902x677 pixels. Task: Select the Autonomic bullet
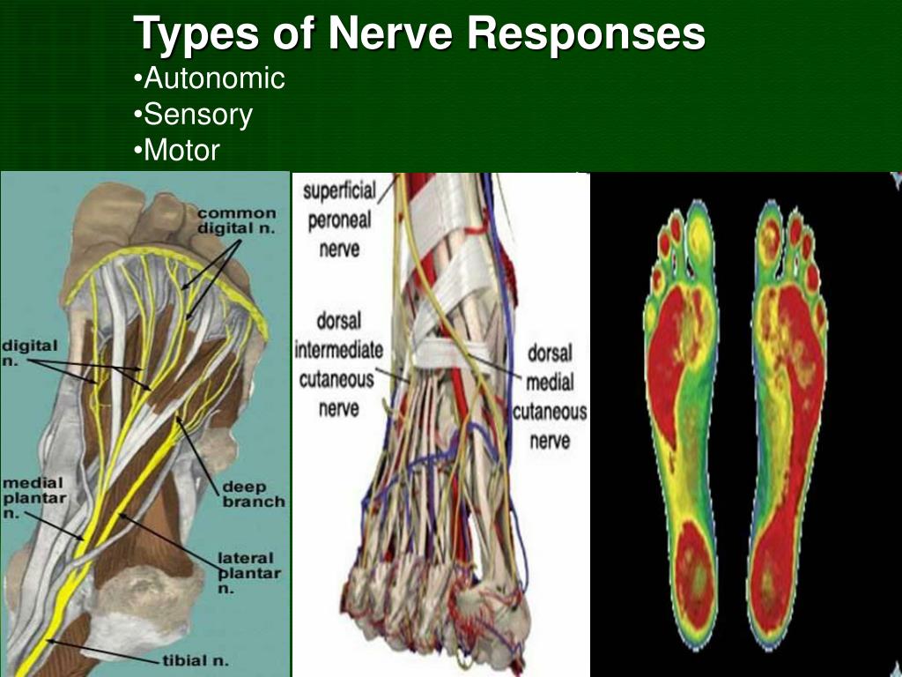pos(211,78)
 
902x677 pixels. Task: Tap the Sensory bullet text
pos(195,115)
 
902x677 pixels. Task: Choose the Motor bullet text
pos(178,150)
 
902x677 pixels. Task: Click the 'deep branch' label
pos(254,493)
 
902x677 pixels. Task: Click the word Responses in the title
pos(587,34)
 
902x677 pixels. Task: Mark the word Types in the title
pos(196,34)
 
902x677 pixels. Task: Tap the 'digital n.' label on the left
pos(30,353)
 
